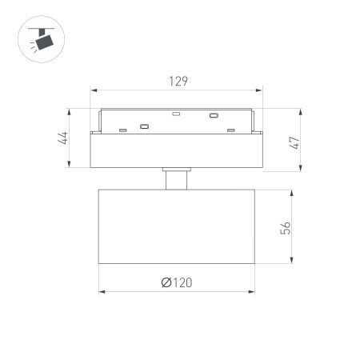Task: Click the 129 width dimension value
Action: [x=179, y=82]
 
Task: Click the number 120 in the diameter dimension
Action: [x=182, y=282]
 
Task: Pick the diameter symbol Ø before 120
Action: [x=164, y=282]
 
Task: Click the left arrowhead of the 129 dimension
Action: [x=94, y=90]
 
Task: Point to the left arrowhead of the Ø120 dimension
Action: [x=100, y=292]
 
